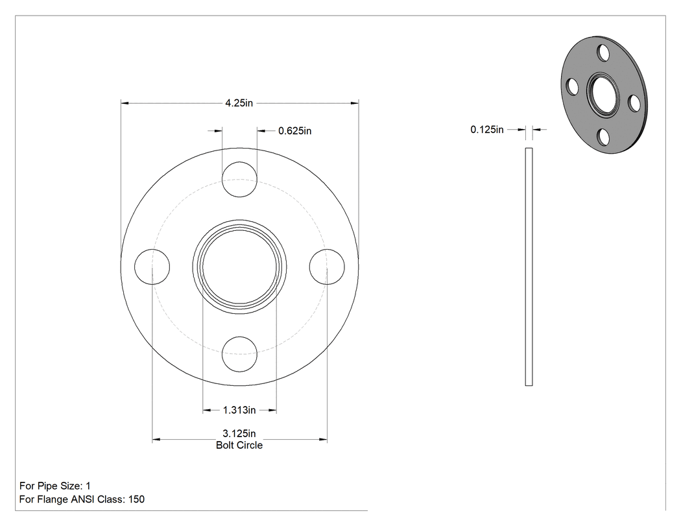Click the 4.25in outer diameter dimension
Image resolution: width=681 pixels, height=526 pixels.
click(x=239, y=103)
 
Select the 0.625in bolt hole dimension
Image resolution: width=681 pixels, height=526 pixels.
click(x=295, y=131)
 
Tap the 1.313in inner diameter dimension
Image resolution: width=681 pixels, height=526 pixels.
click(x=239, y=410)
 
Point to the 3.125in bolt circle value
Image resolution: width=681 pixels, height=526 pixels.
click(x=239, y=433)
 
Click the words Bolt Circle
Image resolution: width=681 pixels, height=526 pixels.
click(x=239, y=445)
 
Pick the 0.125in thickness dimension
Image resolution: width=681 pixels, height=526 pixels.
click(x=487, y=130)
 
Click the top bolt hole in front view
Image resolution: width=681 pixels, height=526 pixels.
click(x=239, y=180)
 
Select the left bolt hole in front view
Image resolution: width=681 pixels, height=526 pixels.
click(x=152, y=267)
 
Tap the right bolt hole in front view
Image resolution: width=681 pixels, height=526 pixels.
click(x=327, y=267)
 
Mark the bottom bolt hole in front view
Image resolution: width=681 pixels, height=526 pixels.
click(x=239, y=354)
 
